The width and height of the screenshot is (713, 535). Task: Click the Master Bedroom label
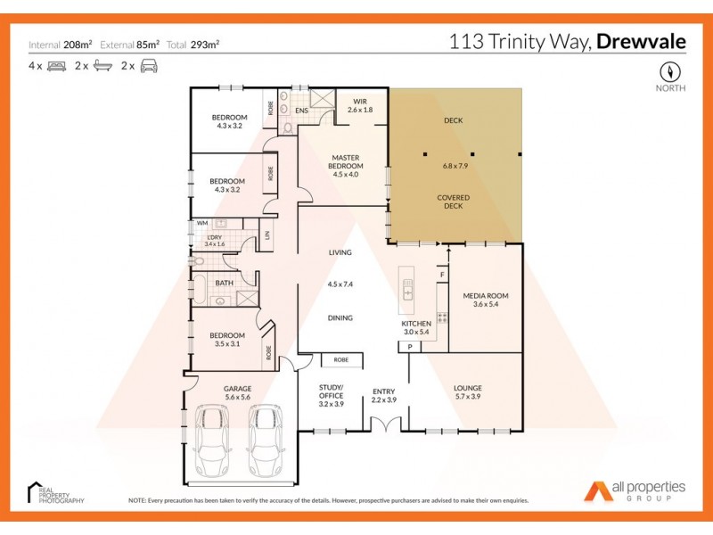click(344, 162)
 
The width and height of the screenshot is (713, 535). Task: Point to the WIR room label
click(360, 102)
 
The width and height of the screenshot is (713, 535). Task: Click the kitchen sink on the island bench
click(408, 289)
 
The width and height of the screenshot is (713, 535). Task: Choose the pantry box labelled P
click(410, 346)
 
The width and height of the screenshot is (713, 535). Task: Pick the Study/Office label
click(331, 391)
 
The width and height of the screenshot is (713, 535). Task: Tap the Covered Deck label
click(454, 202)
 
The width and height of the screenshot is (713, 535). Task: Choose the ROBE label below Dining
click(341, 359)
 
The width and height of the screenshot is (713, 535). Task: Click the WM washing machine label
click(201, 223)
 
